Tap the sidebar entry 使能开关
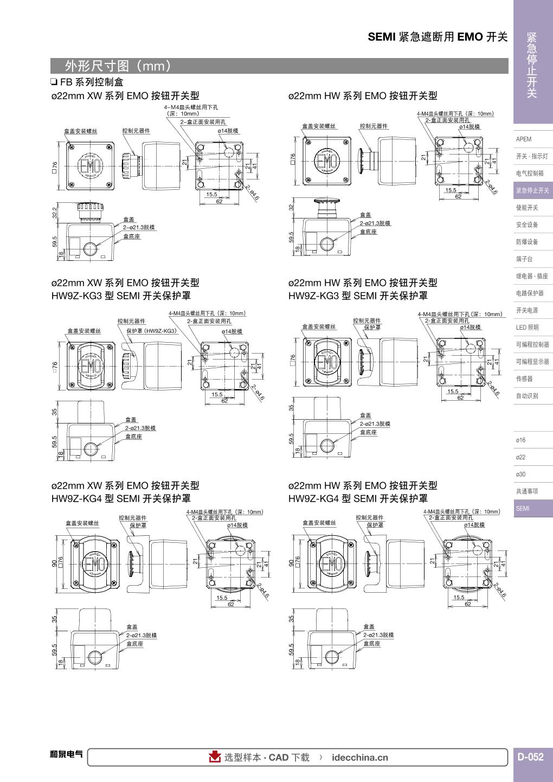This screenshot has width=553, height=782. (527, 208)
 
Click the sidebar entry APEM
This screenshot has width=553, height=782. (524, 139)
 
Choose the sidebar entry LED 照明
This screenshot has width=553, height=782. (528, 328)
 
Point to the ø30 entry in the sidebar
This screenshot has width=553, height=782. (521, 475)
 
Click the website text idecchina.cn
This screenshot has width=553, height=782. (359, 758)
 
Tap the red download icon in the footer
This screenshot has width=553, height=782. (215, 757)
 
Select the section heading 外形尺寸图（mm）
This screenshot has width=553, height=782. (118, 66)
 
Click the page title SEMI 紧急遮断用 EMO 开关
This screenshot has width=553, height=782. (438, 37)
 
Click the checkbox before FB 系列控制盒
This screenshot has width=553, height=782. (54, 82)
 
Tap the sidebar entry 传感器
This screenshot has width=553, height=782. (524, 379)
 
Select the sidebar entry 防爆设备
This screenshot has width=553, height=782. (527, 242)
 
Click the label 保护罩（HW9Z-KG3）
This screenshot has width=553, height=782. (152, 331)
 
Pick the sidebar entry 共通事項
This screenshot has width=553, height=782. (527, 491)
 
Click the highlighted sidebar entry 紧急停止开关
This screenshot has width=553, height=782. (532, 190)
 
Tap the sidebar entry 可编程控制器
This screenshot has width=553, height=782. (532, 344)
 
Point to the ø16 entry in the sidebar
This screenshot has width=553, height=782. (521, 440)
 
